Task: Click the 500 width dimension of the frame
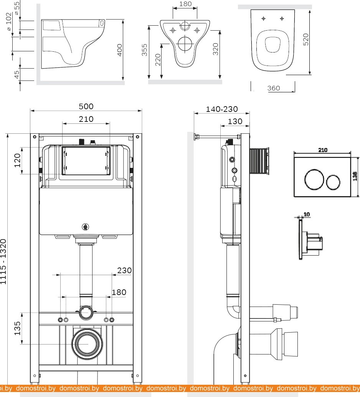pyautogui.click(x=86, y=107)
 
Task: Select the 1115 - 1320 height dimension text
pyautogui.click(x=3, y=262)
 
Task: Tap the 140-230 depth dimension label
pyautogui.click(x=222, y=109)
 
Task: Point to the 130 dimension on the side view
pyautogui.click(x=235, y=121)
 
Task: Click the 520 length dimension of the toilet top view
pyautogui.click(x=306, y=39)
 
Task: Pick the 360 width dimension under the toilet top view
pyautogui.click(x=274, y=88)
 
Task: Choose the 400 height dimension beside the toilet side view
pyautogui.click(x=119, y=50)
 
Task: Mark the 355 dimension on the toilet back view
pyautogui.click(x=144, y=50)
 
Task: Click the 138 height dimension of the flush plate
pyautogui.click(x=355, y=176)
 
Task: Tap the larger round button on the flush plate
pyautogui.click(x=314, y=179)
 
